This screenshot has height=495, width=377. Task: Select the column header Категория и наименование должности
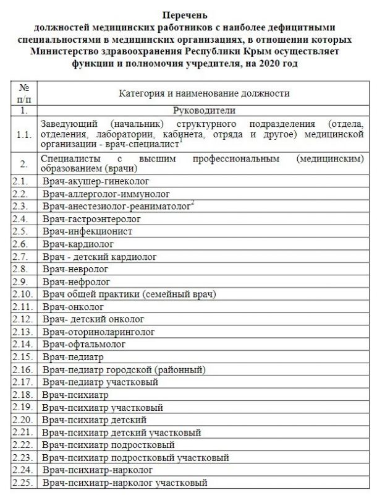204,93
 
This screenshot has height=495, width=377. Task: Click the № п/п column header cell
24,93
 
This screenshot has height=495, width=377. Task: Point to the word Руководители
204,111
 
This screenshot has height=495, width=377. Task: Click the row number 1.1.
24,133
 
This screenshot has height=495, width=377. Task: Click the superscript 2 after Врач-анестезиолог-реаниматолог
193,203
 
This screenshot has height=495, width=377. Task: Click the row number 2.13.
23,331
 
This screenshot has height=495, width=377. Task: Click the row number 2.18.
23,394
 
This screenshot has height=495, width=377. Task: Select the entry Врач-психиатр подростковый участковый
136,458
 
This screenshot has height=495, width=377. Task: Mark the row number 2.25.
23,483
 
